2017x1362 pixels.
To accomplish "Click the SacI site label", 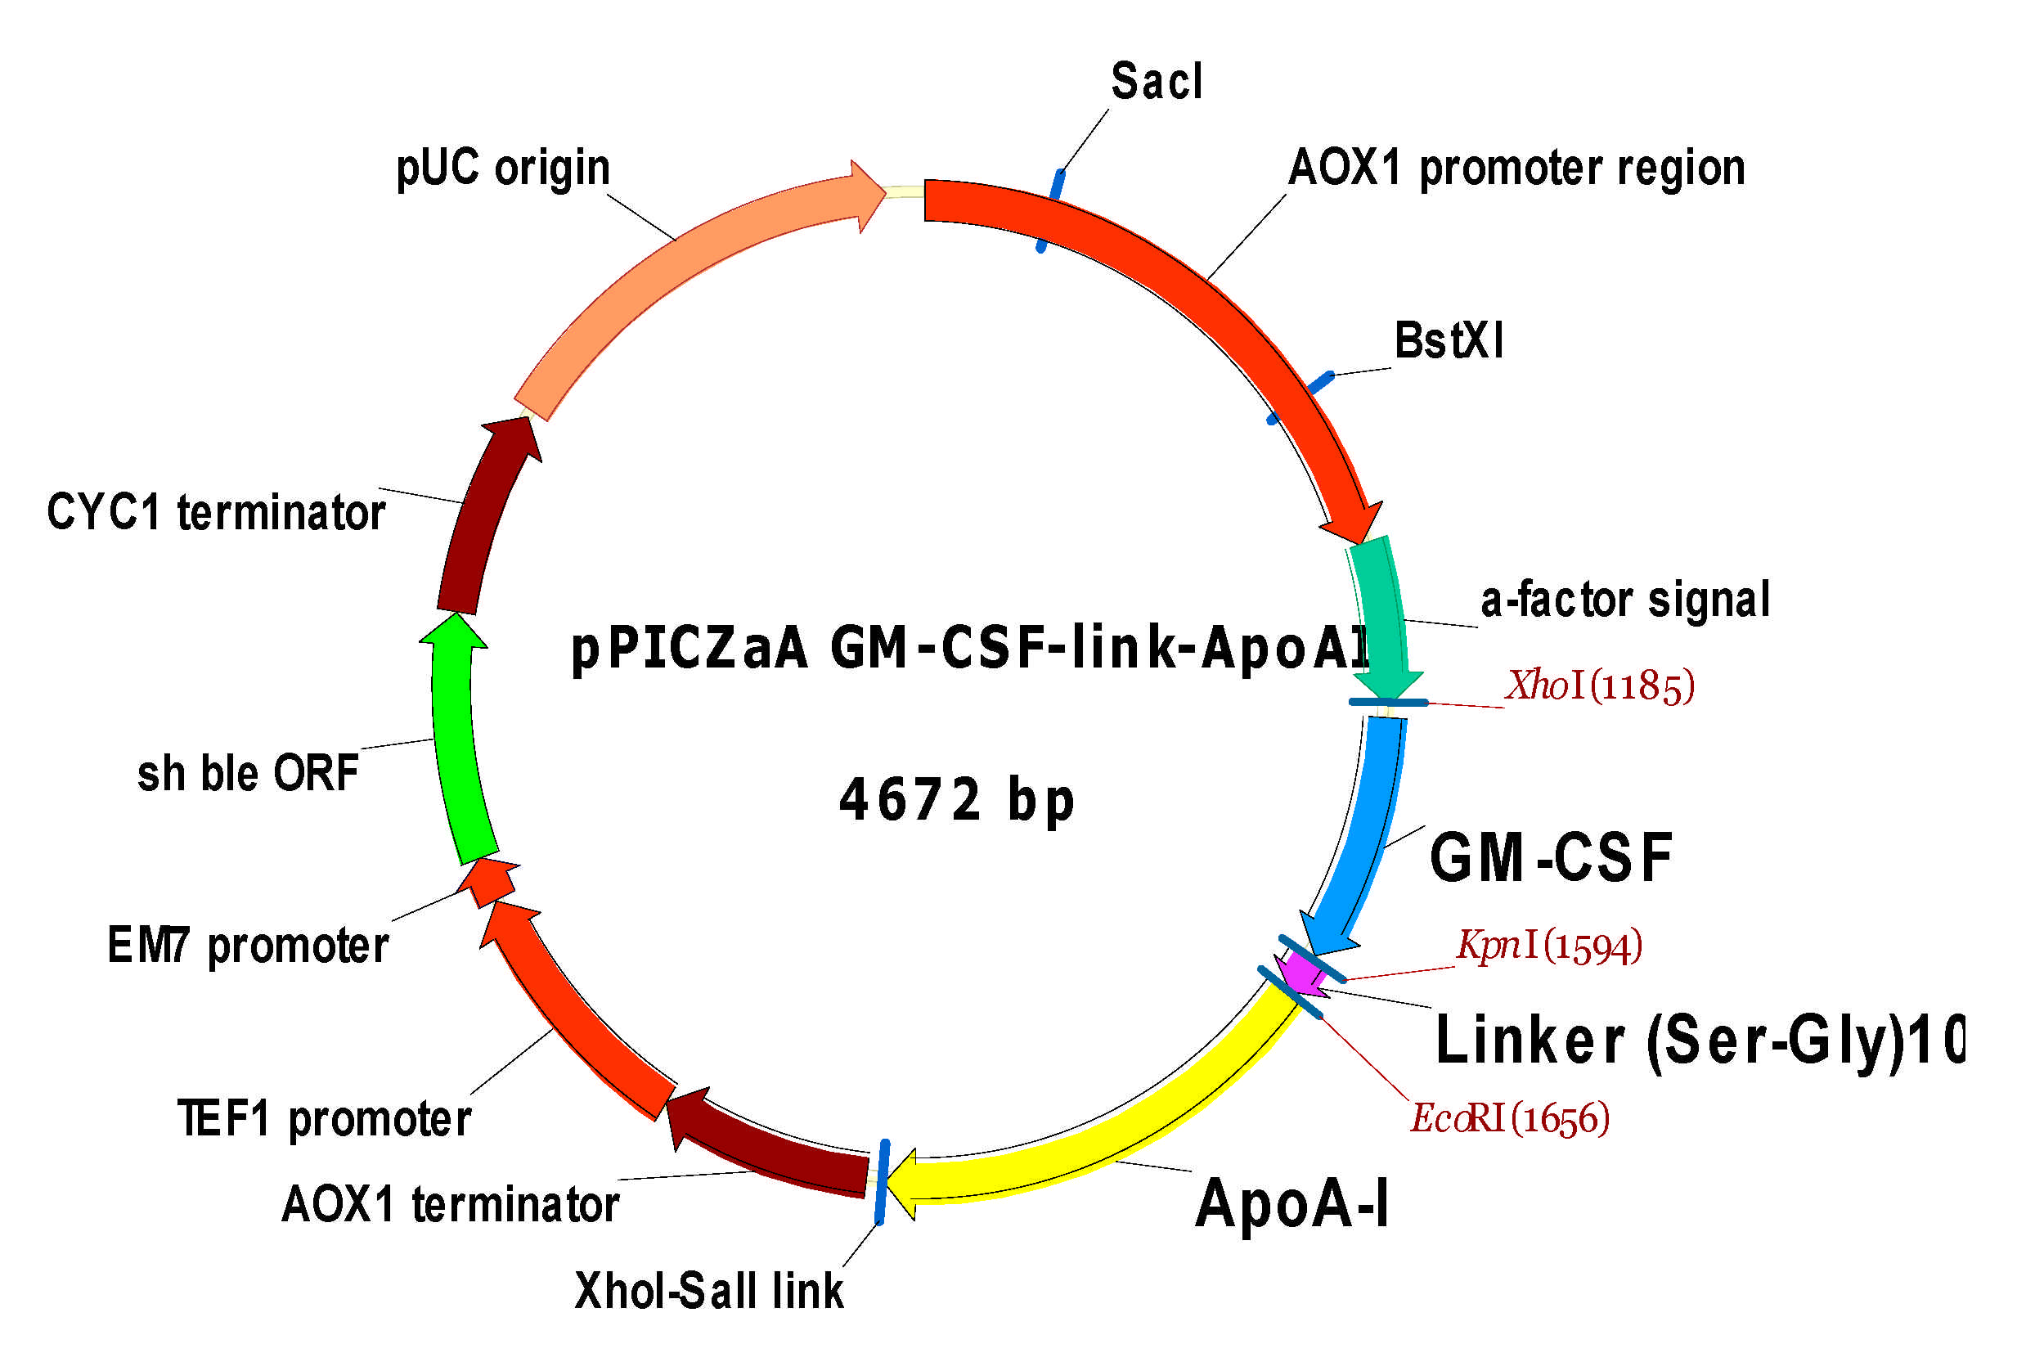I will pos(1156,82).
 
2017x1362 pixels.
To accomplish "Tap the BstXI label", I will pos(1449,340).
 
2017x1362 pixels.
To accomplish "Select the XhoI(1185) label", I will pos(1600,685).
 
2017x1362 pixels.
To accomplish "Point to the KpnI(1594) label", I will pos(1549,946).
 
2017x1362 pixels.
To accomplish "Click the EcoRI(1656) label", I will pos(1510,1118).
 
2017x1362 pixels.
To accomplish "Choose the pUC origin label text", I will pos(502,168).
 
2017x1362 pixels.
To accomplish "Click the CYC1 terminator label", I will pos(216,512).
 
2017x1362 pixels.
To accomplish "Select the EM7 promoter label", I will pos(248,946).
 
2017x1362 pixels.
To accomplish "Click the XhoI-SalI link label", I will pos(708,1291).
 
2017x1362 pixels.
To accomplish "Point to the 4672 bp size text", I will pos(956,799).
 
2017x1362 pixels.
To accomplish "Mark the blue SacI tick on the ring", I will pos(1049,211).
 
